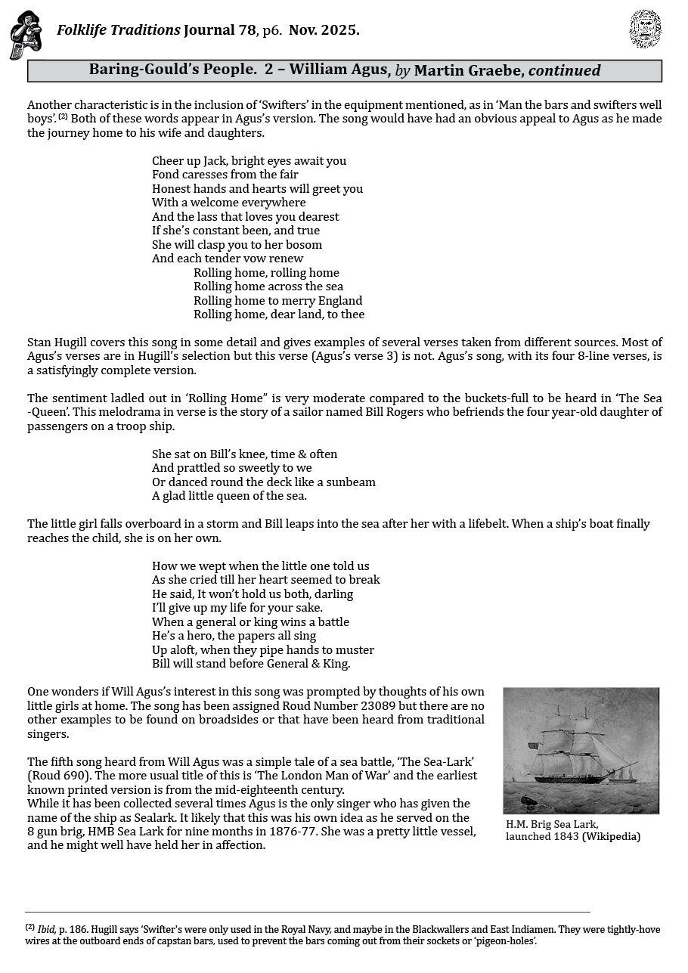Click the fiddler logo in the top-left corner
click(25, 35)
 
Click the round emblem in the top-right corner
click(645, 29)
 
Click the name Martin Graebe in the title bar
click(469, 70)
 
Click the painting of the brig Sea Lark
click(581, 750)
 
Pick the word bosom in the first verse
click(304, 245)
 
